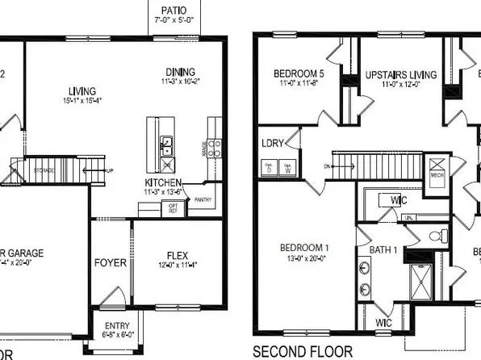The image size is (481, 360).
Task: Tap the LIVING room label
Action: [x=82, y=90]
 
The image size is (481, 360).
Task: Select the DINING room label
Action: [x=181, y=70]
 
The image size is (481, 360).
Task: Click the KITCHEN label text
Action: [x=162, y=182]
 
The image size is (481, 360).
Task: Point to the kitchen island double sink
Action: [x=167, y=146]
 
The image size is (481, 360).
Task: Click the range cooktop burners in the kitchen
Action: [x=215, y=147]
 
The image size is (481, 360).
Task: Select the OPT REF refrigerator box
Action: [x=173, y=208]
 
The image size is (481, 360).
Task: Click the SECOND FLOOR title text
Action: [x=303, y=351]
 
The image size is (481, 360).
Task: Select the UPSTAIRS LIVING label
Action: [x=400, y=74]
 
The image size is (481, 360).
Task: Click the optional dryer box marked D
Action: [x=268, y=169]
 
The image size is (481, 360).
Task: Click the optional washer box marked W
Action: [x=287, y=169]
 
